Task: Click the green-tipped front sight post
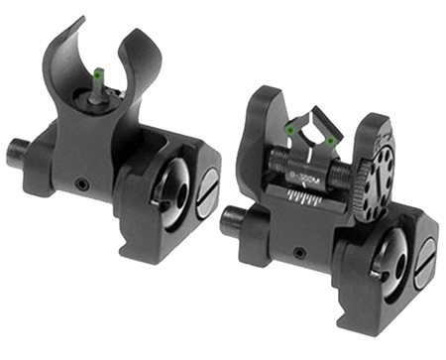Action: point(99,74)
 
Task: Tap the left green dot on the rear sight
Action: point(289,129)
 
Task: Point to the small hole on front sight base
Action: point(83,183)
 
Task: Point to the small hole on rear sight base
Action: point(298,255)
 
